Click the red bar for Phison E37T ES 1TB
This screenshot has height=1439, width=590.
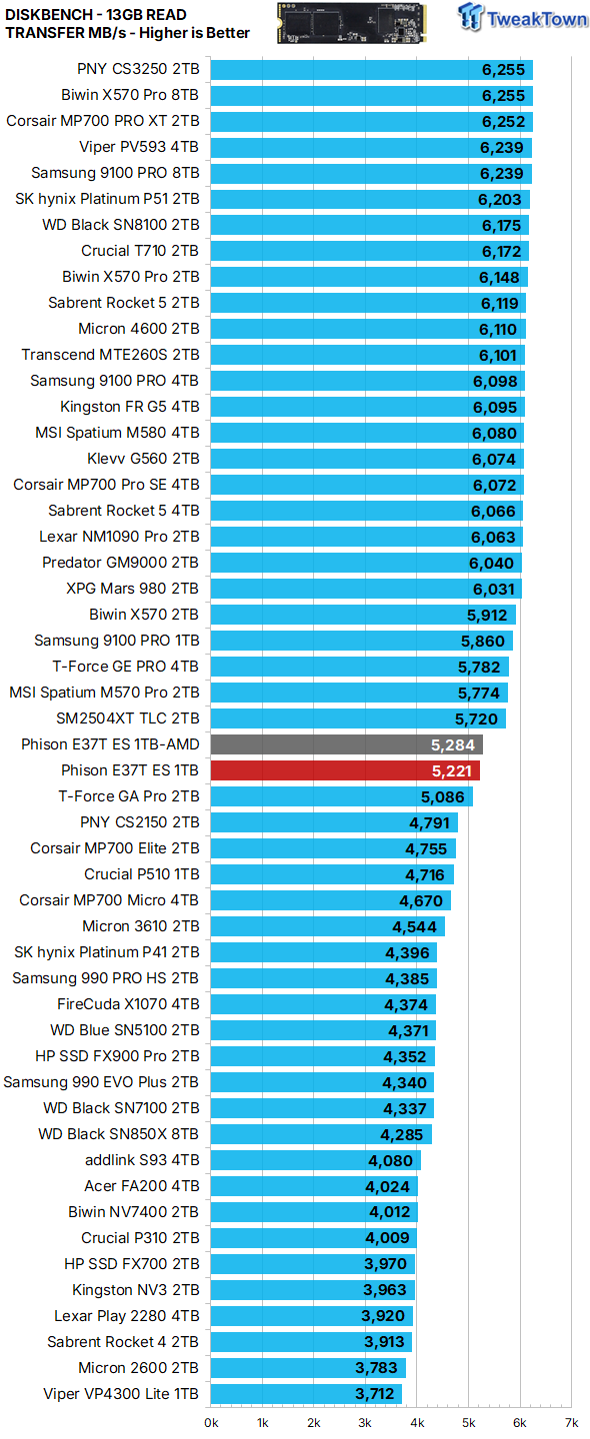pyautogui.click(x=345, y=770)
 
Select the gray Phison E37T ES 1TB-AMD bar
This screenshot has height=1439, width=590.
pyautogui.click(x=347, y=744)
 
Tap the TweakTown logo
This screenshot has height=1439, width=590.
pyautogui.click(x=522, y=17)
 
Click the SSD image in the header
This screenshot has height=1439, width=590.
pyautogui.click(x=352, y=23)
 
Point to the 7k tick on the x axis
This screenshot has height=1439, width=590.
pyautogui.click(x=571, y=1422)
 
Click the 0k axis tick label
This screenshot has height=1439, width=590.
pyautogui.click(x=211, y=1422)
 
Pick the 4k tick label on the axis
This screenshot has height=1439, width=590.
pyautogui.click(x=417, y=1422)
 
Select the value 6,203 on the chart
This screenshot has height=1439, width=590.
pyautogui.click(x=499, y=200)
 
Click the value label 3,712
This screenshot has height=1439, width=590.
pyautogui.click(x=375, y=1393)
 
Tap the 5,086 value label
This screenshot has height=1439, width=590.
pyautogui.click(x=442, y=797)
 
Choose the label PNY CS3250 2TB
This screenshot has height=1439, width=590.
pyautogui.click(x=138, y=69)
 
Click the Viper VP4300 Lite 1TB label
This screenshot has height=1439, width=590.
pyautogui.click(x=121, y=1393)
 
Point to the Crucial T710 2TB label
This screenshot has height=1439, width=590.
pyautogui.click(x=140, y=251)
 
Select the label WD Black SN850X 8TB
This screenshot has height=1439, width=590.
pyautogui.click(x=118, y=1134)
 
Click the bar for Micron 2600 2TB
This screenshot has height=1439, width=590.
pyautogui.click(x=308, y=1368)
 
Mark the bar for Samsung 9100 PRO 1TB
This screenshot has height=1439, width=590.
pyautogui.click(x=362, y=641)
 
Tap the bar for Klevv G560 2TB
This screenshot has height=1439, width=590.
pyautogui.click(x=367, y=459)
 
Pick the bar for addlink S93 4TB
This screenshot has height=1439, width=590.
pyautogui.click(x=316, y=1160)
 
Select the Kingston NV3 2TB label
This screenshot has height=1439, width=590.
pyautogui.click(x=136, y=1289)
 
